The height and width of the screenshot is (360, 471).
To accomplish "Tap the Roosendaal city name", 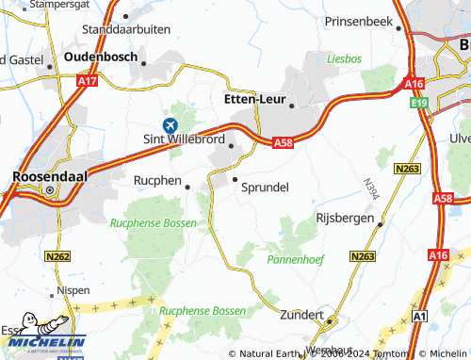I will click(x=49, y=176).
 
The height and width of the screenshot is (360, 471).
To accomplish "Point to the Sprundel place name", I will click(x=266, y=187).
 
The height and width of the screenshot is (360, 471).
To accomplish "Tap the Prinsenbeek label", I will click(x=363, y=21).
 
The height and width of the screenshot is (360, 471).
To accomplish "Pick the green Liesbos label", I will click(x=344, y=58).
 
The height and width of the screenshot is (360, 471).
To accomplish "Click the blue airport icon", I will click(x=171, y=125).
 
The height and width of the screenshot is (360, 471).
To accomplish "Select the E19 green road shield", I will click(x=418, y=102).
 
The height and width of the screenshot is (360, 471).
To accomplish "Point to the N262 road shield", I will click(x=57, y=255).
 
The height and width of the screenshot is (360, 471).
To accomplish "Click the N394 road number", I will click(x=369, y=188).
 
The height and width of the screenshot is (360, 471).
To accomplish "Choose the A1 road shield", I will click(x=421, y=317).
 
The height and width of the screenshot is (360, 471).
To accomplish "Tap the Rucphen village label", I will click(x=156, y=179).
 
